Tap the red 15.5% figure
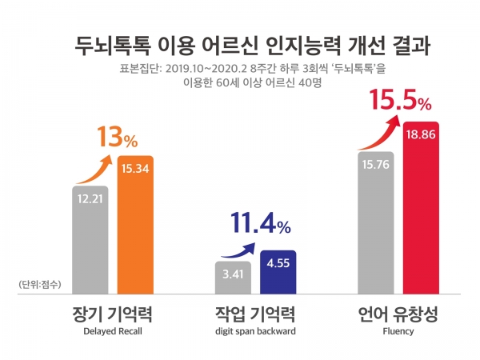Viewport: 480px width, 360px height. click(400, 102)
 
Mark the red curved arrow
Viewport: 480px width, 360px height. click(376, 132)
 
